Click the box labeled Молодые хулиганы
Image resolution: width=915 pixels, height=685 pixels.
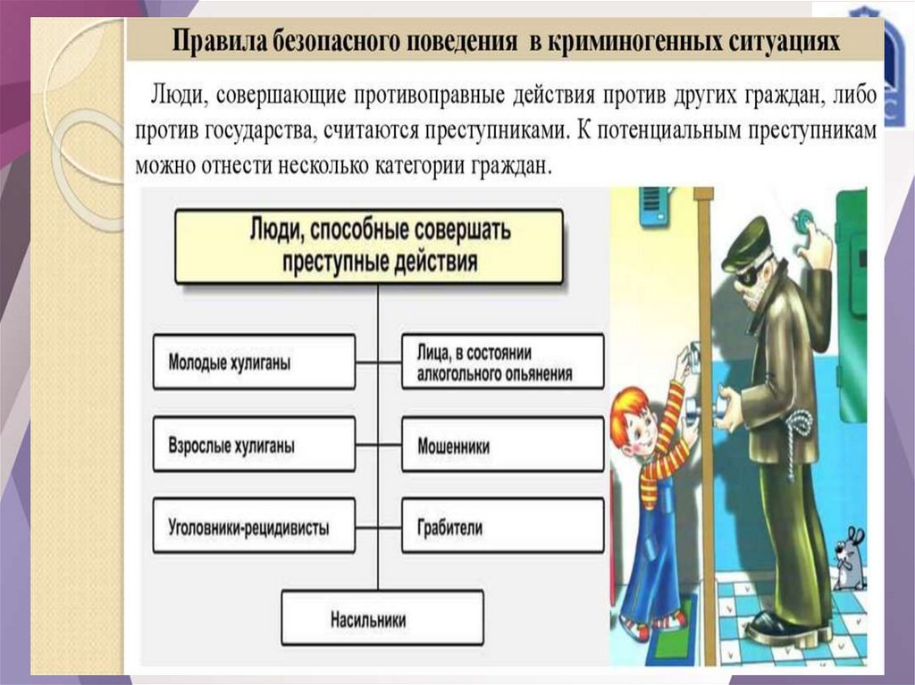[254, 362]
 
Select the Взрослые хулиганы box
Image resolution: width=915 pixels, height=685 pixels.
[254, 444]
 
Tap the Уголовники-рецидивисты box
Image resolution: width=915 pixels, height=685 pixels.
[254, 527]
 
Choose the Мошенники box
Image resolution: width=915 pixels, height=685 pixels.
[502, 444]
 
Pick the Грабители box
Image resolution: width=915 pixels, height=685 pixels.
[502, 527]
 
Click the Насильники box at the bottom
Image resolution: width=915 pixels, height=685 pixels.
[382, 618]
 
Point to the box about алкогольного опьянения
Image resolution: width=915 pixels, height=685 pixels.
[502, 362]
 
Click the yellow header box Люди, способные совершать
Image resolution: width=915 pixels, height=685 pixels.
[368, 246]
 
